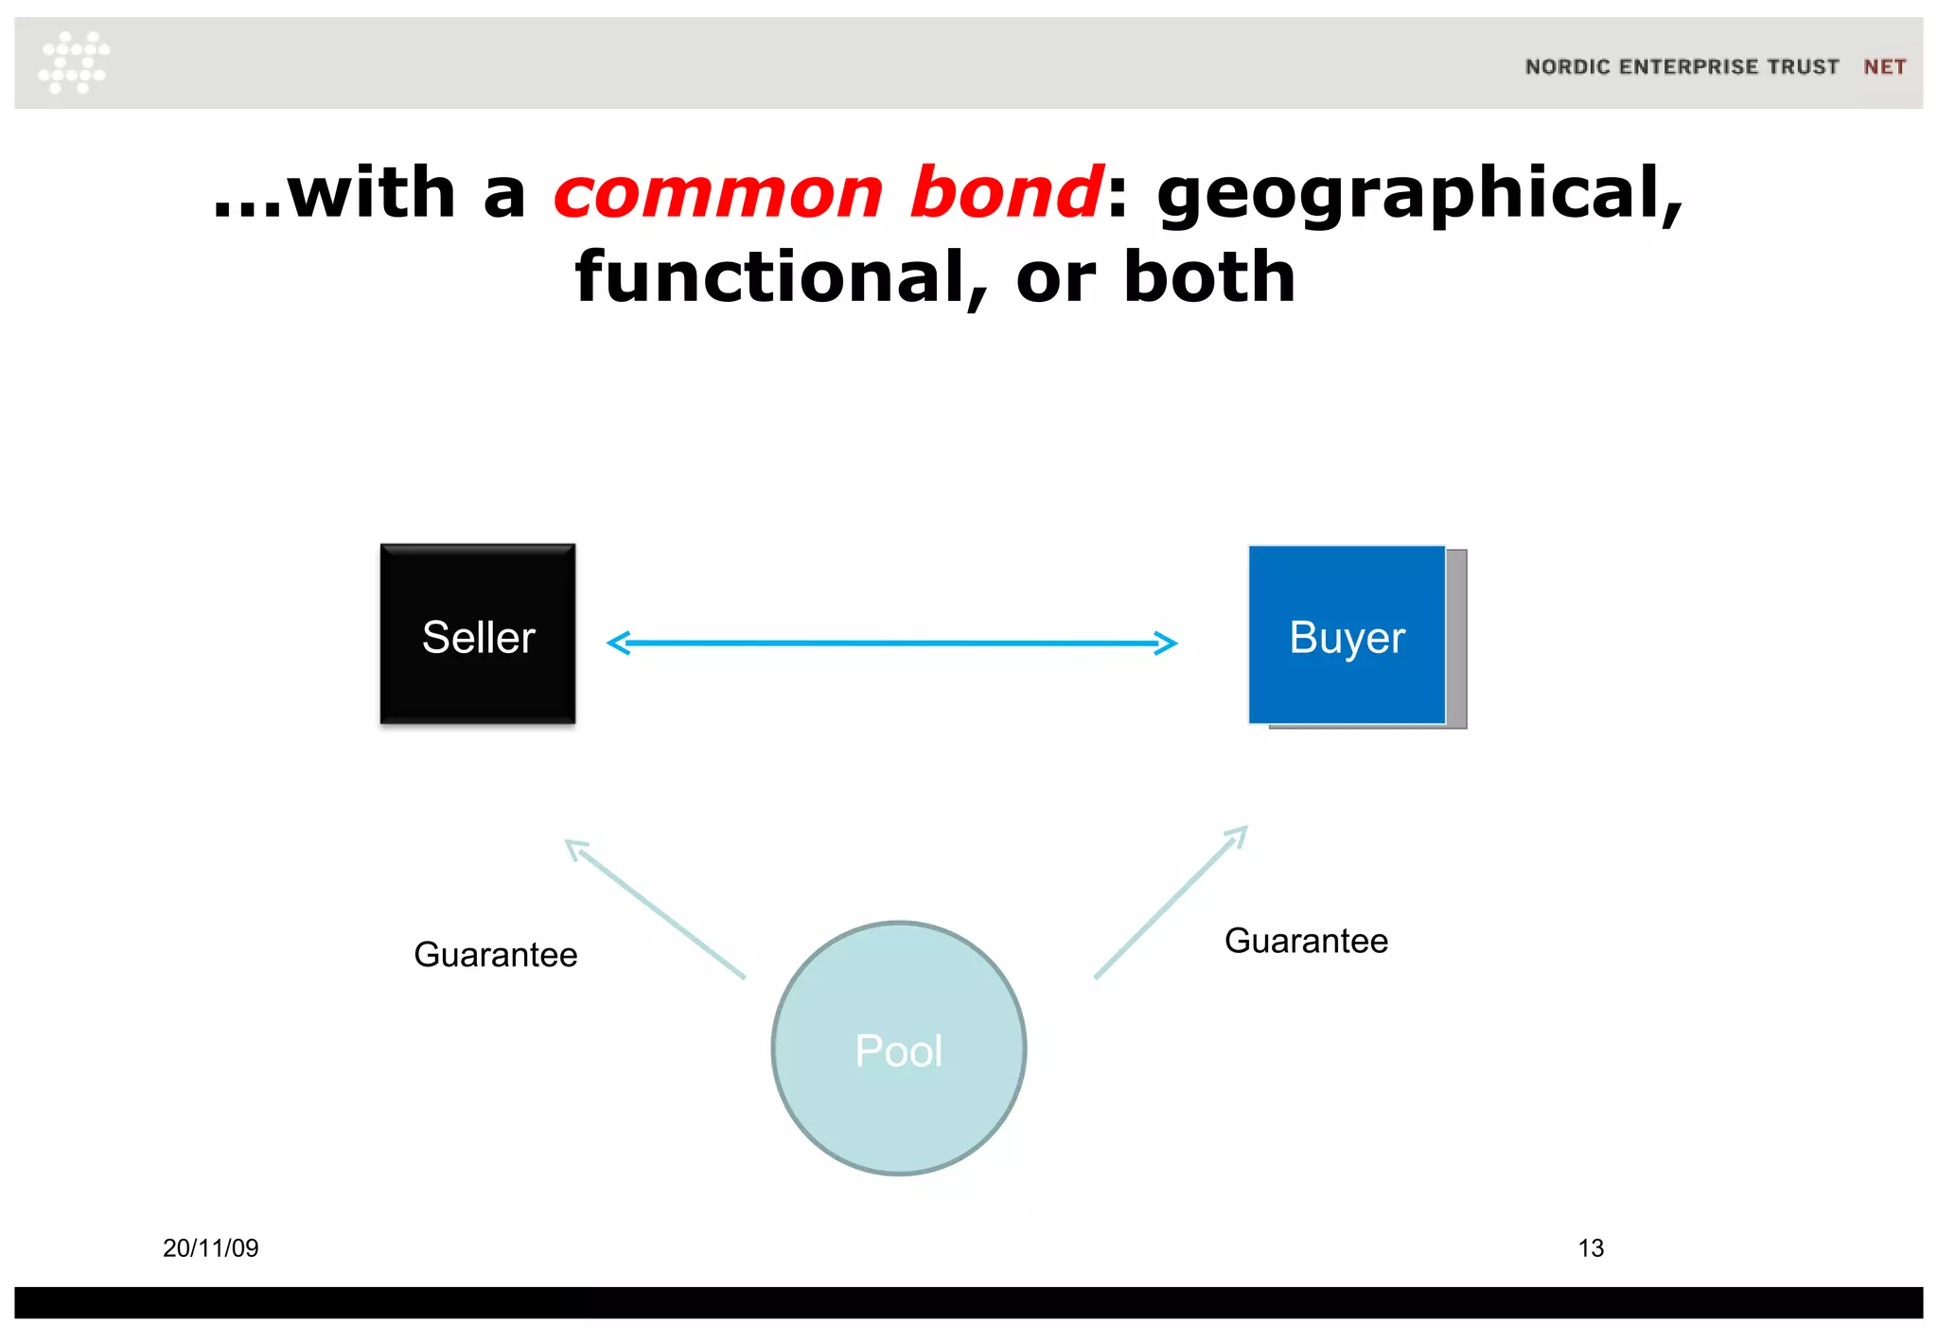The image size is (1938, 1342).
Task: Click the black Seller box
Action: pyautogui.click(x=478, y=634)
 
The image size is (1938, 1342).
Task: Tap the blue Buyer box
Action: pyautogui.click(x=1347, y=635)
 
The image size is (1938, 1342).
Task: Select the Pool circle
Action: pyautogui.click(x=899, y=1049)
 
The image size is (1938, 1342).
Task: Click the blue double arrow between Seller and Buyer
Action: pyautogui.click(x=891, y=644)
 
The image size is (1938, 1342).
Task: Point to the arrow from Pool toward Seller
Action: pyautogui.click(x=655, y=909)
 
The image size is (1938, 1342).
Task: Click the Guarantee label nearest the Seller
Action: pyautogui.click(x=496, y=955)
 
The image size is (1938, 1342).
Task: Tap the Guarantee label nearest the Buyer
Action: pyautogui.click(x=1306, y=941)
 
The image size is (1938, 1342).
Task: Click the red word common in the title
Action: pyautogui.click(x=718, y=193)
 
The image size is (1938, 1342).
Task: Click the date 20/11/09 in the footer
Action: pyautogui.click(x=211, y=1248)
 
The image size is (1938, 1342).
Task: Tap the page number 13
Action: pyautogui.click(x=1591, y=1248)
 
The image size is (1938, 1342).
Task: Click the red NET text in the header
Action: pyautogui.click(x=1884, y=67)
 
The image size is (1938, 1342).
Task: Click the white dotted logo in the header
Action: pyautogui.click(x=74, y=62)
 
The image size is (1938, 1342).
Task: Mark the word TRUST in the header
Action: pyautogui.click(x=1803, y=67)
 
